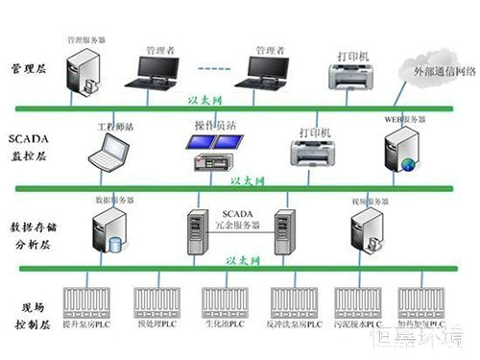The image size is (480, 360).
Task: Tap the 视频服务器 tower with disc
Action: [x=365, y=230]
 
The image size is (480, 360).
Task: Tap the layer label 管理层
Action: [x=28, y=71]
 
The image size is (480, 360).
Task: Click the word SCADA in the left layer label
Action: [x=28, y=138]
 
